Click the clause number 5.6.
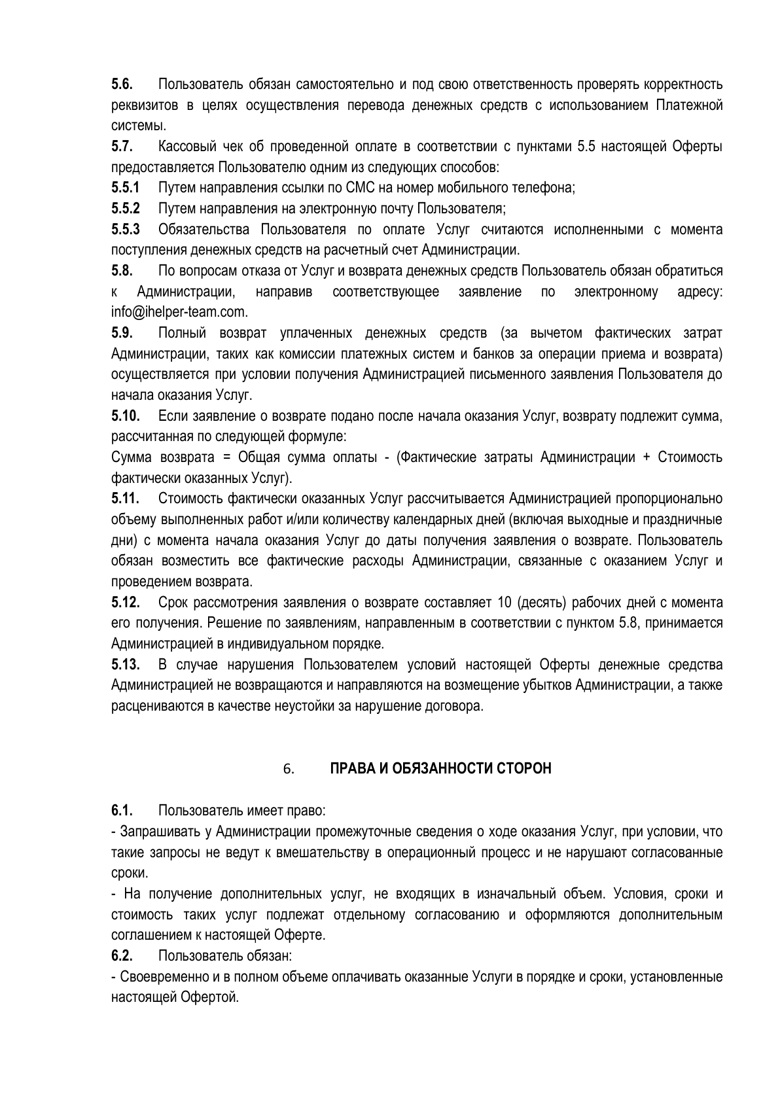click(122, 84)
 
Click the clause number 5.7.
click(122, 147)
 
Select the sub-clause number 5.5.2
click(126, 209)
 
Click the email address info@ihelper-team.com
click(179, 313)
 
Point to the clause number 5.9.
click(122, 334)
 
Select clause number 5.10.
click(125, 416)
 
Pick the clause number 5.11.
click(125, 499)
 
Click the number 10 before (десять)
click(504, 603)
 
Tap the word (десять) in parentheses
click(542, 603)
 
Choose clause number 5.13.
click(125, 665)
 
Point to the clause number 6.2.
click(122, 956)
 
